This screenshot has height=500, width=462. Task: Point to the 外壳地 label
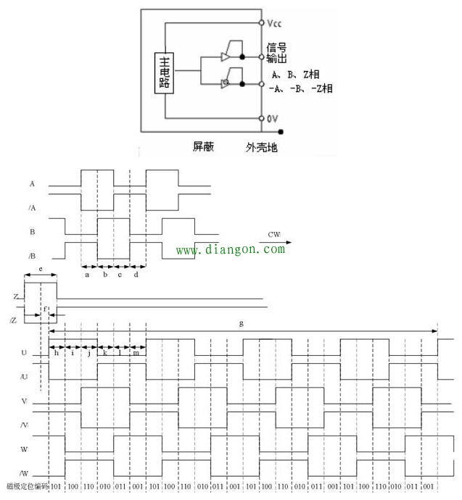(261, 147)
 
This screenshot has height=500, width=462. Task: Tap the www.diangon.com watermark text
(231, 250)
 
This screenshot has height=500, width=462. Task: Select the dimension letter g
(241, 324)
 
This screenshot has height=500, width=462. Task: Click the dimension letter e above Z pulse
(40, 268)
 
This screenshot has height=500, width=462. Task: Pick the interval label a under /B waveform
(88, 275)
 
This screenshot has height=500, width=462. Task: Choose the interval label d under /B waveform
(136, 275)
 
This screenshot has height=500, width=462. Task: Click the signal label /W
(24, 472)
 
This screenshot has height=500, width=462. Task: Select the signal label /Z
(15, 320)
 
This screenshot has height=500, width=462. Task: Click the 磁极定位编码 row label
(26, 487)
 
